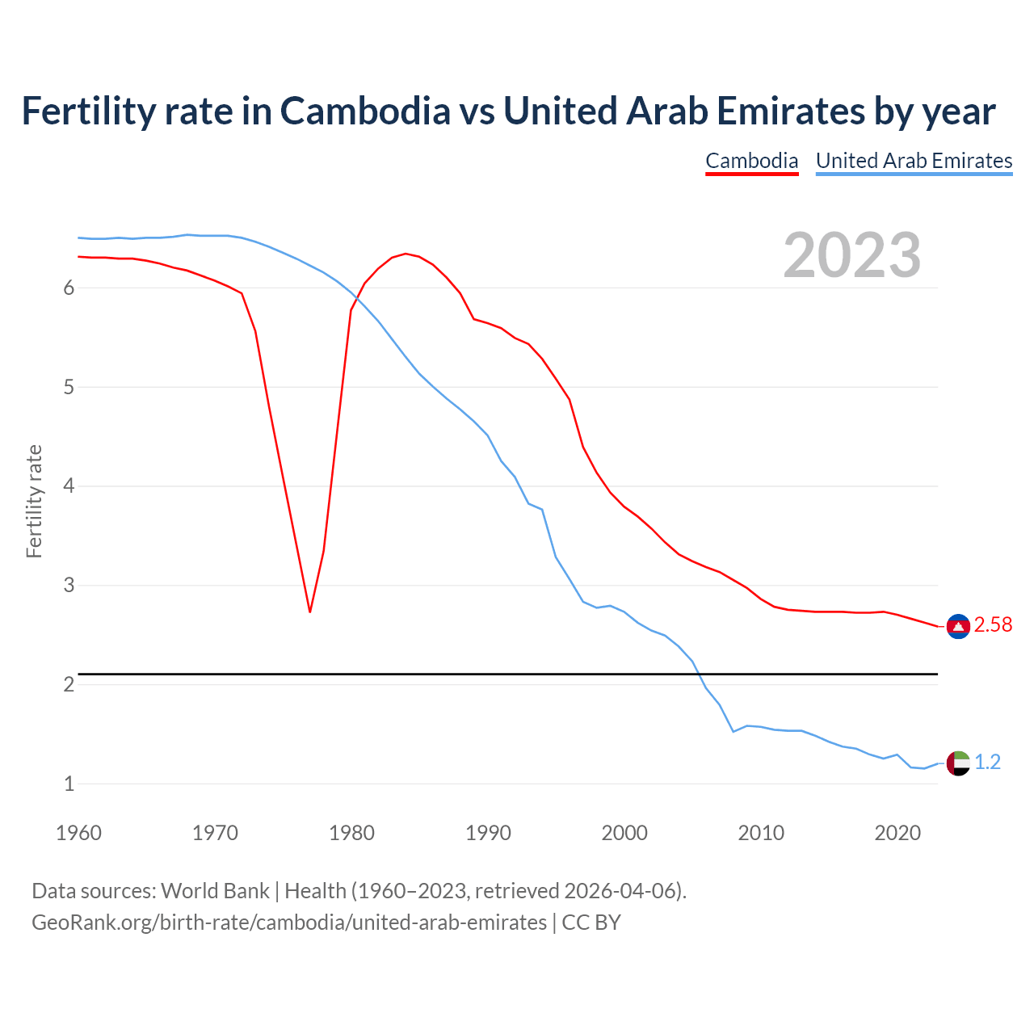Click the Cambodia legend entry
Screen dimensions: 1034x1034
[x=751, y=161]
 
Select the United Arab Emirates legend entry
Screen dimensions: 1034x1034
[x=914, y=161]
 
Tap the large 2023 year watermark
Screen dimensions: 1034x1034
[x=851, y=255]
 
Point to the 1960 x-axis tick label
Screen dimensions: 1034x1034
[x=78, y=833]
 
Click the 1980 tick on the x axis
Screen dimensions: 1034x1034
[x=351, y=833]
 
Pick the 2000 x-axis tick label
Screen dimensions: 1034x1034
[x=624, y=833]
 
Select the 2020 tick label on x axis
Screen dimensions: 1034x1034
[x=897, y=833]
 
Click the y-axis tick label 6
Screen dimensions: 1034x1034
[x=69, y=288]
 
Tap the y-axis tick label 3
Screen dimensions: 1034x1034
[x=69, y=585]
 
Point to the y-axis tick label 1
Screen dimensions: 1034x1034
[x=69, y=784]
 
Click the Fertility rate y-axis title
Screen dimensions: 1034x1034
[x=34, y=501]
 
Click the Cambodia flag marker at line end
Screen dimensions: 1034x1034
[x=958, y=626]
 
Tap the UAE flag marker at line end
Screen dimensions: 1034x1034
[x=958, y=763]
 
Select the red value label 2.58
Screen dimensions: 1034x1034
[x=993, y=625]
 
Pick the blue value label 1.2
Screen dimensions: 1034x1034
[x=987, y=763]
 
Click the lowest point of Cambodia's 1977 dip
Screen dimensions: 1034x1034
[x=309, y=612]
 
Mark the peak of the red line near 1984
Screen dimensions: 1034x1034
[x=406, y=254]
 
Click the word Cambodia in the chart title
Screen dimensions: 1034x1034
[x=365, y=111]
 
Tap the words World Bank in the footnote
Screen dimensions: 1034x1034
[x=215, y=891]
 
